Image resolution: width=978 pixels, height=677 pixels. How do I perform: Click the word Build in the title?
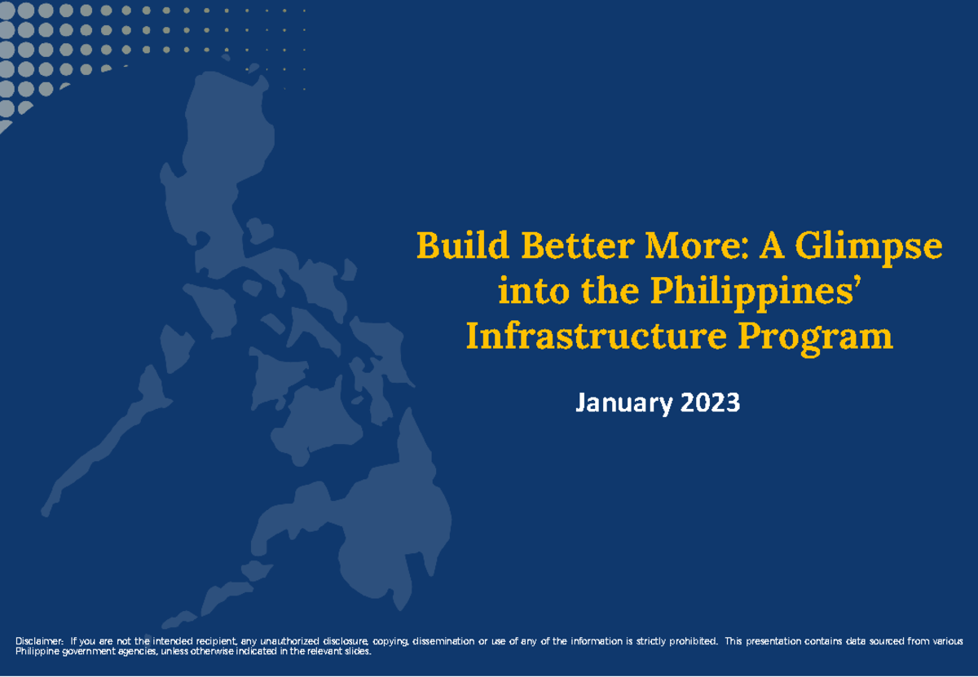pos(463,245)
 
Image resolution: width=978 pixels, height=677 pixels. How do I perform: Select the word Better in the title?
pos(578,245)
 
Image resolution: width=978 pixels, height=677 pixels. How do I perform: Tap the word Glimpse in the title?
pos(869,248)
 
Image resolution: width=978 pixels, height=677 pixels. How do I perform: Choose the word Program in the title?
pos(816,338)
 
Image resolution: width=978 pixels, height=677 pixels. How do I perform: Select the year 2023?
pos(711,402)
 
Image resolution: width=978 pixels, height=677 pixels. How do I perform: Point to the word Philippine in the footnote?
pos(37,652)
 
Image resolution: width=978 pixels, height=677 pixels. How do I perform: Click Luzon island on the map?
pos(218,174)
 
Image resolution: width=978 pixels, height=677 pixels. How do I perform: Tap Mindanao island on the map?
pos(376,524)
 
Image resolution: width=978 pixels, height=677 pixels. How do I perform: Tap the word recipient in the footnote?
pos(217,642)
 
